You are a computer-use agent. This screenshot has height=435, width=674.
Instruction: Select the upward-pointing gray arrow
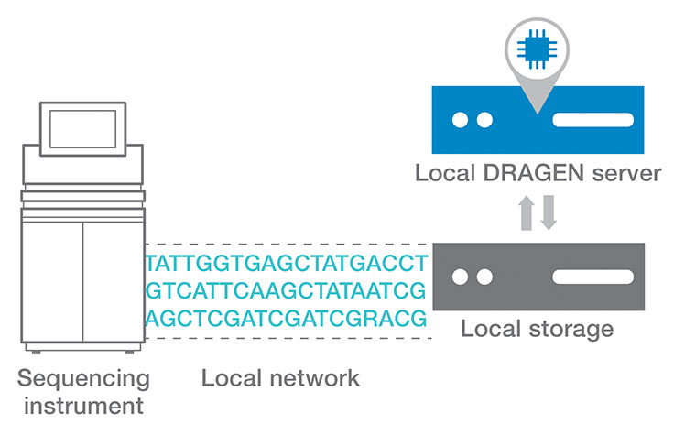click(527, 213)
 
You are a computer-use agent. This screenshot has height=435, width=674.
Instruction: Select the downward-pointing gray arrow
click(548, 213)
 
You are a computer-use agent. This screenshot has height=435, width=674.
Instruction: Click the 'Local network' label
click(280, 378)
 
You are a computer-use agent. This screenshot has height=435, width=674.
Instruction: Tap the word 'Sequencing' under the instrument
click(82, 378)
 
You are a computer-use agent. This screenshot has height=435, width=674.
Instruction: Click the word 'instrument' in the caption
click(82, 404)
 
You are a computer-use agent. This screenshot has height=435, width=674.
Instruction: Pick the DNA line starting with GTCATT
click(287, 291)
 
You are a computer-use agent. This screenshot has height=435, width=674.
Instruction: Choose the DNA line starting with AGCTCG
click(287, 318)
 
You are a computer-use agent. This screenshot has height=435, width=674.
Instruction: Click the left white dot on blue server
click(460, 120)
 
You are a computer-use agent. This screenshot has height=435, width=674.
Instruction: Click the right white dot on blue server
click(485, 120)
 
